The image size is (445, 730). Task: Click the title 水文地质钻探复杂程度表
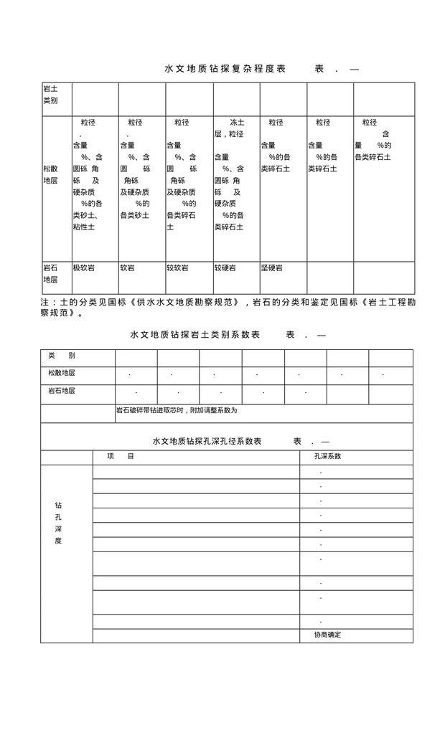coord(225,69)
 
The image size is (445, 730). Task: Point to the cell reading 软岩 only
coord(127,267)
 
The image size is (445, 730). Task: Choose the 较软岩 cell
coord(177,267)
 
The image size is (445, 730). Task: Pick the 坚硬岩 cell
coord(271,267)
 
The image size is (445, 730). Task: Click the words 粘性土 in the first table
coord(83,227)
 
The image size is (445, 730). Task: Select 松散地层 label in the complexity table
coord(50,174)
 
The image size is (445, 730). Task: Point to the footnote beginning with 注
coord(228,308)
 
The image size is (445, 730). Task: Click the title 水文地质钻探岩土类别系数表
coord(195,335)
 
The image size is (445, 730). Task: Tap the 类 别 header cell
coord(62,356)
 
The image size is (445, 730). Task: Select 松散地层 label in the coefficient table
coord(62,373)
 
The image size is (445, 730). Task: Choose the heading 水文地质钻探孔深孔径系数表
coord(207,442)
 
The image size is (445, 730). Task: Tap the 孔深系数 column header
coord(327,456)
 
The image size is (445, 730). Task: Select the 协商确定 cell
coord(327,635)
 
